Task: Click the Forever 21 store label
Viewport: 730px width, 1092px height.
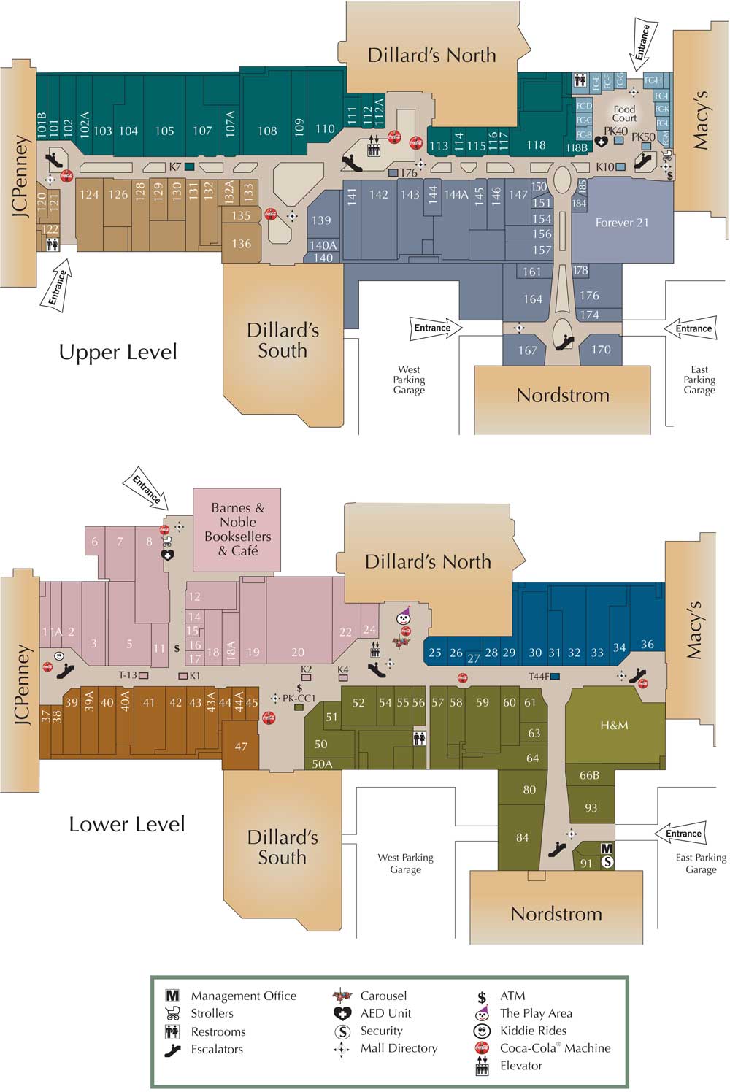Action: [x=621, y=223]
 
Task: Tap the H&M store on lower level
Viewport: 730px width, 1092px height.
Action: [x=614, y=726]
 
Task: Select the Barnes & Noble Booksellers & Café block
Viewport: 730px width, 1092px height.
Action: [x=237, y=529]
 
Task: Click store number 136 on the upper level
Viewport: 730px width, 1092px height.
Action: [x=242, y=244]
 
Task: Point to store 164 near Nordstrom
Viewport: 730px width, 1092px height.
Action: [x=533, y=299]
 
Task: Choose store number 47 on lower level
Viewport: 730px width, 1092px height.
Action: [x=241, y=747]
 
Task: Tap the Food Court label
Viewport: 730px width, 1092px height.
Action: [x=624, y=114]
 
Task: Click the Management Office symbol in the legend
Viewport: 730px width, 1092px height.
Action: [x=172, y=996]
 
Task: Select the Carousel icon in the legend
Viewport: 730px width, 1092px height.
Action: [x=342, y=995]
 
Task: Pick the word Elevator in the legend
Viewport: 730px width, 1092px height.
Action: [x=521, y=1066]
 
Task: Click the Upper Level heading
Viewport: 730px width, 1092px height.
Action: [x=118, y=353]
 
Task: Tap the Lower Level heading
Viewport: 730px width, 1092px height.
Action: [x=126, y=825]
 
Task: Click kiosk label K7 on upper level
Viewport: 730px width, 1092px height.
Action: [x=175, y=167]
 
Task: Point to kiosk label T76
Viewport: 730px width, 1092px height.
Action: [x=408, y=173]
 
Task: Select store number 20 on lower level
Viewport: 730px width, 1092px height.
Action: [x=298, y=653]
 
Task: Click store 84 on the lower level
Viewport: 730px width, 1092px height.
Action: [x=522, y=837]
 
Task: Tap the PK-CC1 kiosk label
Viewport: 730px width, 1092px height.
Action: [x=299, y=699]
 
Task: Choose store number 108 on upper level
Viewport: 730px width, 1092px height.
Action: [x=267, y=131]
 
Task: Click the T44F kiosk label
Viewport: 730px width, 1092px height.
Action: [x=539, y=677]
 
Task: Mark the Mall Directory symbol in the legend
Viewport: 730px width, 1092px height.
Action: [x=342, y=1050]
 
